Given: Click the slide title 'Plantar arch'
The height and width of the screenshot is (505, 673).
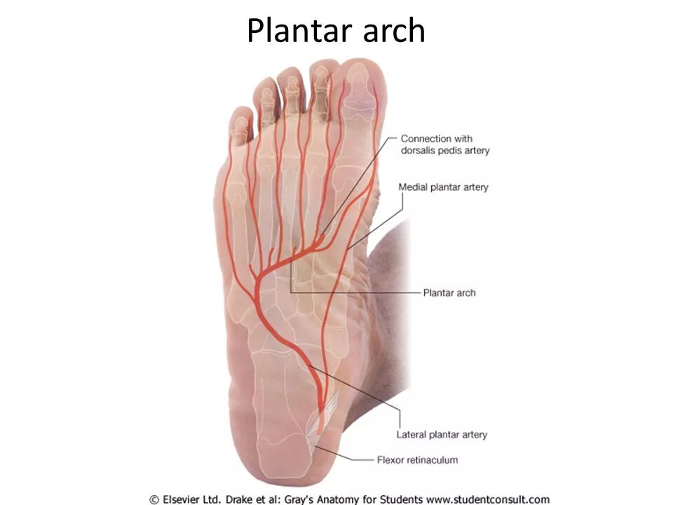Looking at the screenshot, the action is pos(336,31).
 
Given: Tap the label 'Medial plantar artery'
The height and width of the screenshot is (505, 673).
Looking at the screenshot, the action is pos(443,187).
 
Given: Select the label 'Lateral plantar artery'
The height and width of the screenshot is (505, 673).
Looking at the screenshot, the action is pos(441,434).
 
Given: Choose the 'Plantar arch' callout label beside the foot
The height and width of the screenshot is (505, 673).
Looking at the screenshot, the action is pos(449,292).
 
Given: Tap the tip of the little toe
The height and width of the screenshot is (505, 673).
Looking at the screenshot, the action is pos(240,112).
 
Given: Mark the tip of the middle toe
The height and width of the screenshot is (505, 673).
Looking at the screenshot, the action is pos(290,72).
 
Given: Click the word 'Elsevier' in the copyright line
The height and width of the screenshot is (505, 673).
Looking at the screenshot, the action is pos(188,499).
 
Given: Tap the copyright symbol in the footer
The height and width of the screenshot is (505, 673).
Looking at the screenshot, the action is pos(154,499).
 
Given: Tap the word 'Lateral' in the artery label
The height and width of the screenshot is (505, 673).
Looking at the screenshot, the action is pos(412,434).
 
